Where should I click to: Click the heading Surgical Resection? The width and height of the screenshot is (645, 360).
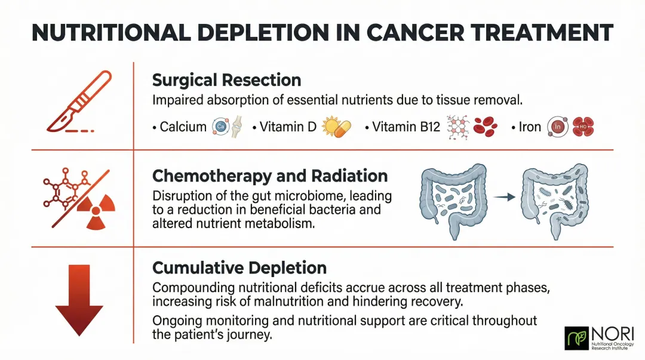coord(226,79)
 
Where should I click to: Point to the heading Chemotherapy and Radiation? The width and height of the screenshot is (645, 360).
coord(270,176)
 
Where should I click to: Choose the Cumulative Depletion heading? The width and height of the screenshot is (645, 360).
coord(239,267)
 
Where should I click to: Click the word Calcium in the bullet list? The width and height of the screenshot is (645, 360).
coord(183,127)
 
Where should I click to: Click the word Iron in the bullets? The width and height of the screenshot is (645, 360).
coord(530,127)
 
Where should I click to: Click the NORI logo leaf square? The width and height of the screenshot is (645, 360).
coord(576,338)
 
